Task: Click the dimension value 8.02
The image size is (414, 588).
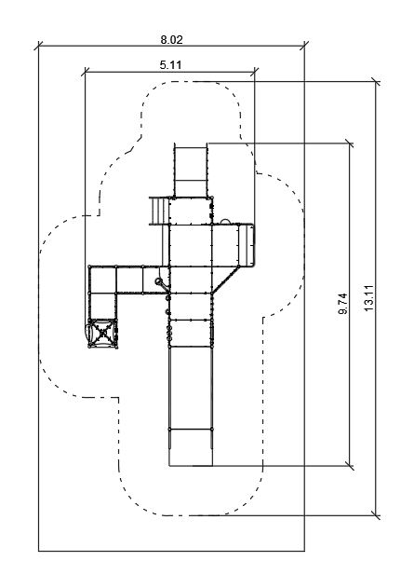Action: coord(172,39)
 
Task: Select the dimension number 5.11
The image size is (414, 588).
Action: coord(170,65)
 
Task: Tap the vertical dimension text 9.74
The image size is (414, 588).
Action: coord(343,304)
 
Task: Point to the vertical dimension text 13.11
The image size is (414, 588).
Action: coord(369,298)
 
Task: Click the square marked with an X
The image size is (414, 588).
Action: coord(102,333)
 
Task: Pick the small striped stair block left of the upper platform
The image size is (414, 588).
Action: coord(159,211)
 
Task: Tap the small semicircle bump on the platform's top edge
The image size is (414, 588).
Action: coord(225,222)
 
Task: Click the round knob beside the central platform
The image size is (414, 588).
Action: coord(159,281)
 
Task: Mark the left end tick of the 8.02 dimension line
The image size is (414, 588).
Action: coord(38,46)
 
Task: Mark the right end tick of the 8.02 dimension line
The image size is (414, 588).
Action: coord(304,46)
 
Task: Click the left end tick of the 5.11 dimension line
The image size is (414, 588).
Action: coord(86,72)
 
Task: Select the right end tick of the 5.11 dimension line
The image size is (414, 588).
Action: coord(255,72)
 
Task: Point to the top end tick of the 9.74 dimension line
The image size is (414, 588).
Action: coord(350,143)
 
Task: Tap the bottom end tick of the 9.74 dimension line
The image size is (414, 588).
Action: coord(350,466)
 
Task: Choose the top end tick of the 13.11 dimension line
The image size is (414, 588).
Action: coord(376,81)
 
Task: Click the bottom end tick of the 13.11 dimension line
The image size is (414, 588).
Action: coord(376,515)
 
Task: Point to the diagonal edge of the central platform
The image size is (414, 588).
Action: coord(225,280)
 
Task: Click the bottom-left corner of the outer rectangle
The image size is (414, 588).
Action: coord(38,551)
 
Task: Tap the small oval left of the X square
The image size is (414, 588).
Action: coord(88,333)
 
